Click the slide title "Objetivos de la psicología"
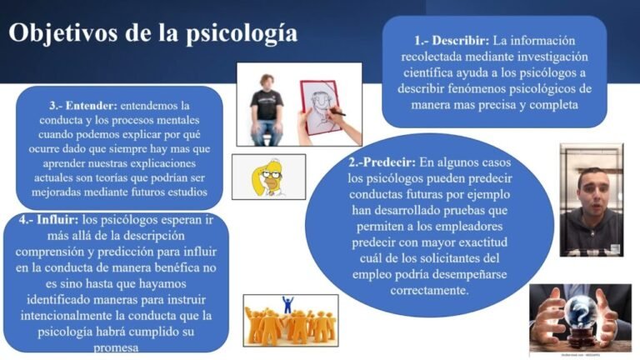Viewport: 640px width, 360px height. pos(152,33)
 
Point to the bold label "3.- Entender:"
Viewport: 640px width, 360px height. pos(83,106)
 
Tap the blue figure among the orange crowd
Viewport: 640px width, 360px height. pos(288,306)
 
